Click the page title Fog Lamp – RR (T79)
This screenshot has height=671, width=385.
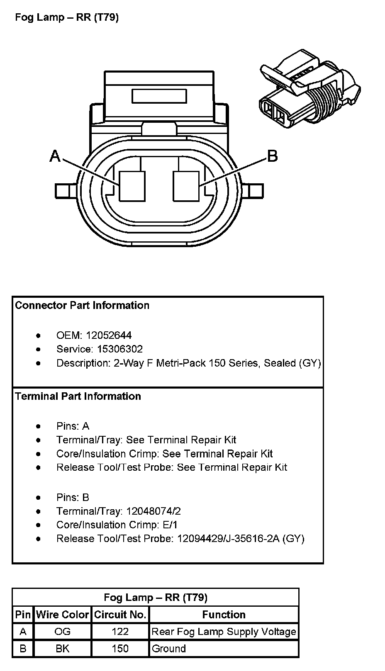[67, 17]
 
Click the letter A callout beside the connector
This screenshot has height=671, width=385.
[55, 156]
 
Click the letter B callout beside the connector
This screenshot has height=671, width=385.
[272, 156]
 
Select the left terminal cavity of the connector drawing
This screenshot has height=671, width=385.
[132, 186]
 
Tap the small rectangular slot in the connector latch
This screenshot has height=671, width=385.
[159, 96]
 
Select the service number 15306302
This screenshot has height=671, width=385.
[118, 349]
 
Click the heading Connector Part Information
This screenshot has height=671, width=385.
[82, 305]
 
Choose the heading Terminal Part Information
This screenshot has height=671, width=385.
[78, 396]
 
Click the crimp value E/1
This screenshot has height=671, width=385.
[170, 525]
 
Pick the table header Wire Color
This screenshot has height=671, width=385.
[63, 614]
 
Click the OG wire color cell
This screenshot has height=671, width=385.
[63, 631]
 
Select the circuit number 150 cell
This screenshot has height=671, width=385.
[120, 648]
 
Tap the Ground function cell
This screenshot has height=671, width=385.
[169, 648]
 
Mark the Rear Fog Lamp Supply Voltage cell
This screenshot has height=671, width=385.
[224, 631]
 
